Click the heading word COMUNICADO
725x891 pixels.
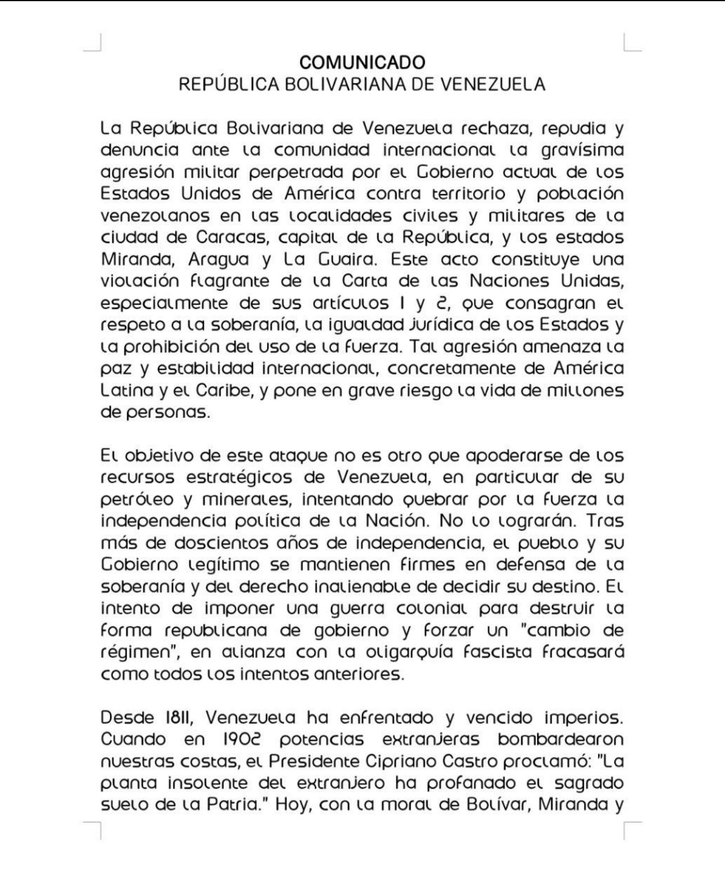coord(362,62)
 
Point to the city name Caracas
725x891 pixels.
coord(230,237)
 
